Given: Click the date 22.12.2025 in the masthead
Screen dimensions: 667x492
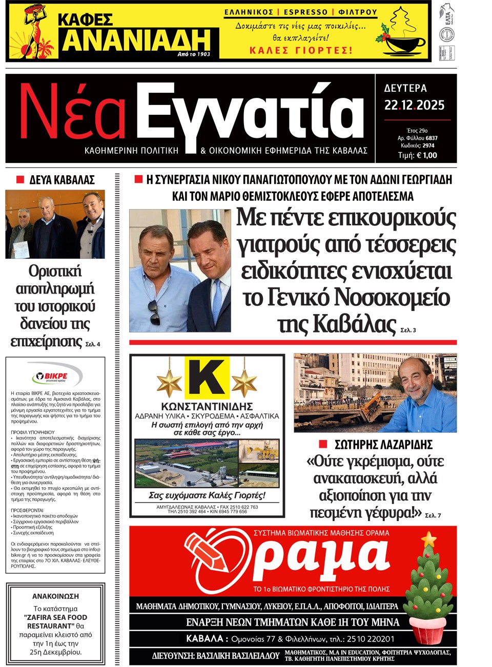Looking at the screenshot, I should (414, 106).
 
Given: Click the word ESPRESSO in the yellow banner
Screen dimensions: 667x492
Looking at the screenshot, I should (306, 12).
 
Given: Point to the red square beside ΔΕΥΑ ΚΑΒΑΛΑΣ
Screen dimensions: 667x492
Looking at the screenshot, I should (20, 180).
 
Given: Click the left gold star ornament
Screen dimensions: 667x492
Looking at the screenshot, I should (170, 382).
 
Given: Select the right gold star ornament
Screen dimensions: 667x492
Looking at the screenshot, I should (244, 382).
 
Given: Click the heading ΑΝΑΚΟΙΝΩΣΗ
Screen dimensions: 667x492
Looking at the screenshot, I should (55, 596).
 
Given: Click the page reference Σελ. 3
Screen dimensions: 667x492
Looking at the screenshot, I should (408, 330).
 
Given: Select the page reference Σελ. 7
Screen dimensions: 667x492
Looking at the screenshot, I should (433, 515).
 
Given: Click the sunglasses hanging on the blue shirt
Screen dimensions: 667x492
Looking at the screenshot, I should (154, 312).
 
